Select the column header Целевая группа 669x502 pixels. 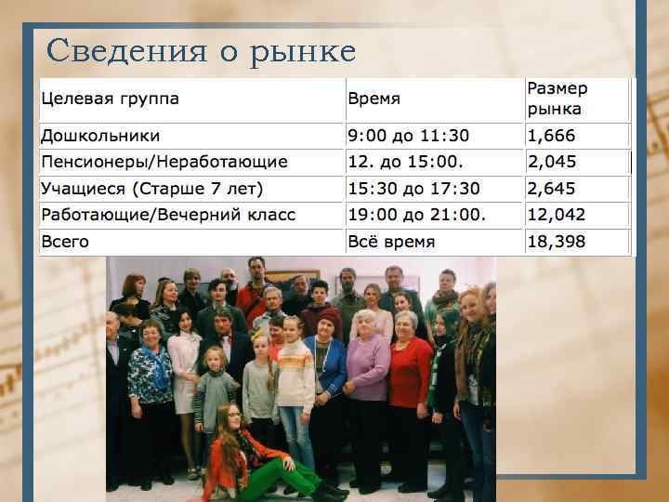point(110,99)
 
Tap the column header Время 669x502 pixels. point(374,99)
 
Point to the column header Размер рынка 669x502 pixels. point(557,99)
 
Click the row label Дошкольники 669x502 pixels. point(99,136)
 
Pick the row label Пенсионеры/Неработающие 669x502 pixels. point(164,162)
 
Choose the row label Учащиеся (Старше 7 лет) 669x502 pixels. point(151,189)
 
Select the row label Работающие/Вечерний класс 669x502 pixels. point(167,215)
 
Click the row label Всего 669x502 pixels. point(65,242)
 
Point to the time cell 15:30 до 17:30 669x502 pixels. point(413,189)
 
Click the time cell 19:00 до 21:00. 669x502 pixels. point(417,215)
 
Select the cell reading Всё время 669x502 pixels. point(391,242)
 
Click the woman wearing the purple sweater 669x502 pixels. point(368,372)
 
